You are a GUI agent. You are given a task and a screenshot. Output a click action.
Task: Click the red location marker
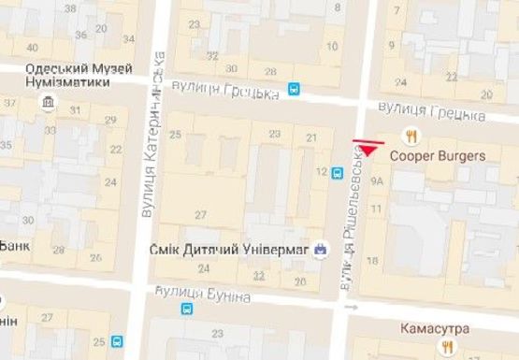pos(368,147)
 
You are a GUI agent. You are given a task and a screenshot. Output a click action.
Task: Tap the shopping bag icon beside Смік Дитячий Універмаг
pos(322,249)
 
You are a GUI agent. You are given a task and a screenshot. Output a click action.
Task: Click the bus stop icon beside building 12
pos(337,174)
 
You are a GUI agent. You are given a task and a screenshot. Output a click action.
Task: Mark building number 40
pos(34,48)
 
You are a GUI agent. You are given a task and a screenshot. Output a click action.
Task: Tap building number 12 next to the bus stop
pos(322,172)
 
